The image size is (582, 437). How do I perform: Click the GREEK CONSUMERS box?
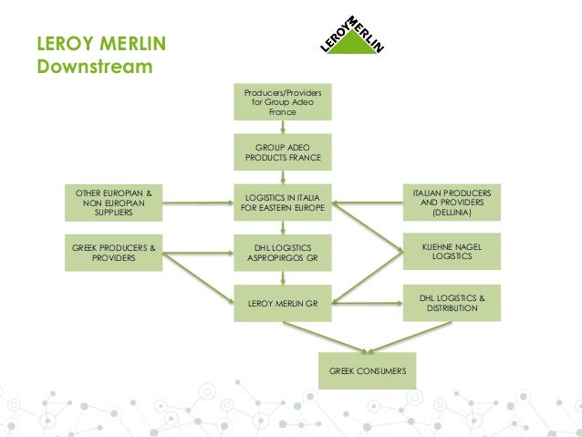[367, 370]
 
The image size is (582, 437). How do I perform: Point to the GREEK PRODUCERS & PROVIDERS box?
[114, 253]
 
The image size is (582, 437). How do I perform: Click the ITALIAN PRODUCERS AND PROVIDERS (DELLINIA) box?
[452, 203]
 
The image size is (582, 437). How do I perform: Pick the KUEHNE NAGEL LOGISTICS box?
[452, 253]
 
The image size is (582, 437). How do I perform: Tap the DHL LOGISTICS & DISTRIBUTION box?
[452, 303]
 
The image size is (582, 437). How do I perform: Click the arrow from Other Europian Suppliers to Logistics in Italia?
[198, 203]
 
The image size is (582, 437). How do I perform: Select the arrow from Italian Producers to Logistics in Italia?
[369, 203]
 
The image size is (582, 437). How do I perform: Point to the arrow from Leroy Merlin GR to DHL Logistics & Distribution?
[369, 302]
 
